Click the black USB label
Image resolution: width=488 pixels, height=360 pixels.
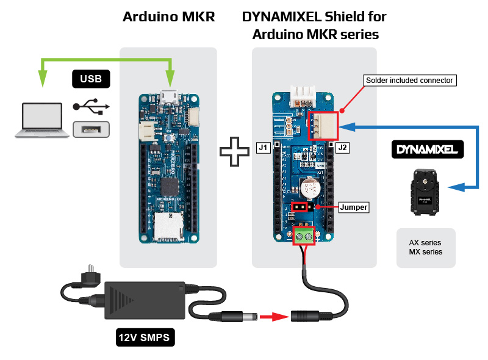[91, 78]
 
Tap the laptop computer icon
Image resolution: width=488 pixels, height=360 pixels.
[41, 120]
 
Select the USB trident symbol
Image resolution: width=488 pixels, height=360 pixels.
[91, 106]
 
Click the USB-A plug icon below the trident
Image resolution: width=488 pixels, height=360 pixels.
[90, 129]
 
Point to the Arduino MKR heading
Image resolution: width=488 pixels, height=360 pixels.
[168, 17]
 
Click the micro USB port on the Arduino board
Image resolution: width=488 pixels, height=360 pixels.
[168, 96]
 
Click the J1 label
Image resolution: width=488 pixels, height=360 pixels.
[264, 148]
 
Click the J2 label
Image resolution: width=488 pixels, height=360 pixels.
[342, 148]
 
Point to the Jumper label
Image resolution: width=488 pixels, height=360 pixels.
[353, 207]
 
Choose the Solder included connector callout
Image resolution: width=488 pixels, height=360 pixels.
[409, 80]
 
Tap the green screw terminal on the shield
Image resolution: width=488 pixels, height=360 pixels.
[304, 236]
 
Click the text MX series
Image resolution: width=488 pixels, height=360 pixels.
[426, 251]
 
